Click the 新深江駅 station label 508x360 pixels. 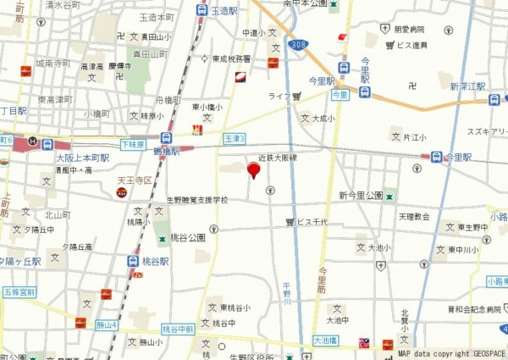(x=467, y=86)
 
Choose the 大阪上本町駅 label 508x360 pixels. (x=82, y=158)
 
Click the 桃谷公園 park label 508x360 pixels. (x=188, y=238)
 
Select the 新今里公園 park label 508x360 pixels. (x=361, y=196)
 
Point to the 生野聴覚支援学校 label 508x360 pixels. (x=197, y=200)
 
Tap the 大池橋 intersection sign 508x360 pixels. (x=324, y=340)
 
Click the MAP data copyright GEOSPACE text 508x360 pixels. (x=451, y=353)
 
